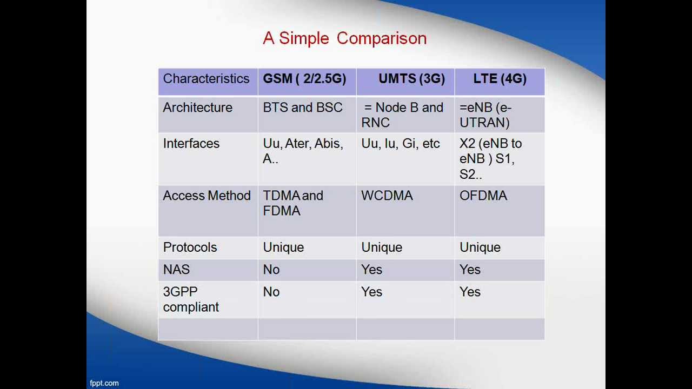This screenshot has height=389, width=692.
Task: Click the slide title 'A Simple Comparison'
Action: [x=344, y=38]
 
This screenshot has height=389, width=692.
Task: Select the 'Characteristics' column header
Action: [x=206, y=79]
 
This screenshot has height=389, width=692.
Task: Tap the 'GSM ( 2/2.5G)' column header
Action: [x=304, y=79]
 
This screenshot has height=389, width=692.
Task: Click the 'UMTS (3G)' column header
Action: [x=411, y=79]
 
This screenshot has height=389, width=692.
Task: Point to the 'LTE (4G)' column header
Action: [x=500, y=79]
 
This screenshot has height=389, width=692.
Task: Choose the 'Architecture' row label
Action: [x=197, y=108]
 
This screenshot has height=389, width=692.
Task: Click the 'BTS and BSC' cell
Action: [x=302, y=108]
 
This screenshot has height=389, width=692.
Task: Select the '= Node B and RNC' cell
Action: [x=403, y=115]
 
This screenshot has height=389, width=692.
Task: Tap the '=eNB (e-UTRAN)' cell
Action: [x=485, y=115]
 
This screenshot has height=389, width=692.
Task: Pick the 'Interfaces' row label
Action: [x=191, y=144]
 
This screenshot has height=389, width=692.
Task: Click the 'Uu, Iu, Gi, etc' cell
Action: [x=400, y=144]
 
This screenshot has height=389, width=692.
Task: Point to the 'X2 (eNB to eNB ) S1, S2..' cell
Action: [x=490, y=159]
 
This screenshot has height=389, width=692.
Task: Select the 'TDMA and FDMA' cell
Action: [x=292, y=203]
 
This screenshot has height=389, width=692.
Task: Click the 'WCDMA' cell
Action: [x=387, y=196]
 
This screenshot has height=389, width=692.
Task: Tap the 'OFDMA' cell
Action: [x=483, y=196]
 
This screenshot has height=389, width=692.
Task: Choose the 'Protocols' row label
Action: [x=190, y=247]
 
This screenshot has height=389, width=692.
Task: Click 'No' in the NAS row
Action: [x=271, y=270]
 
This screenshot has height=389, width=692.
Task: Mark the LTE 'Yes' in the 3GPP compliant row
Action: [x=470, y=292]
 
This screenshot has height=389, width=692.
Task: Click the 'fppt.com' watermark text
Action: [x=104, y=383]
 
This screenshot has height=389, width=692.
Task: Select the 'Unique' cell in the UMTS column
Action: [x=382, y=247]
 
